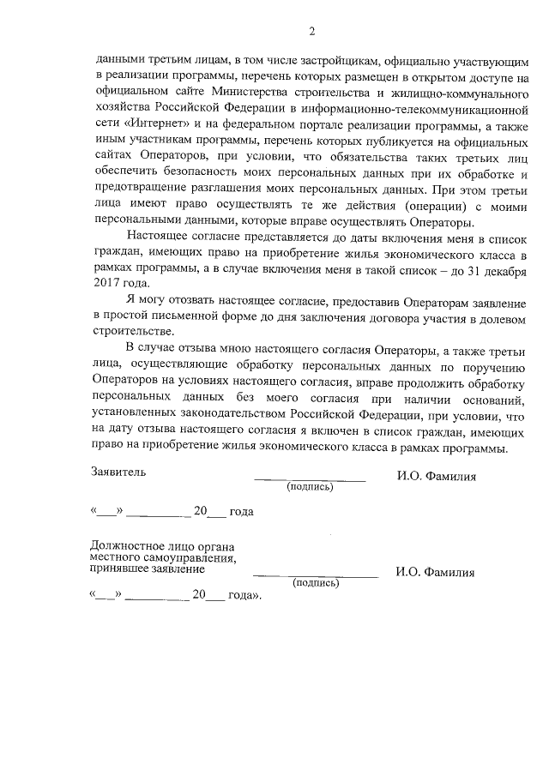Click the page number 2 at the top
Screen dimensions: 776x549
(x=312, y=33)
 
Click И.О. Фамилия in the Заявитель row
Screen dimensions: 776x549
(x=436, y=476)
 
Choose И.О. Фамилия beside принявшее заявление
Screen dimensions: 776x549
(x=436, y=572)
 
